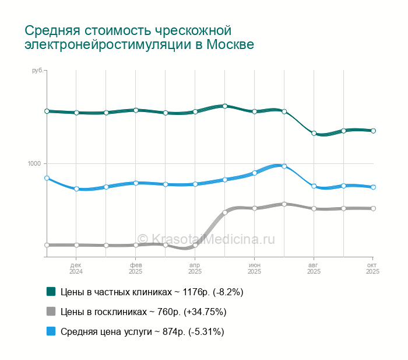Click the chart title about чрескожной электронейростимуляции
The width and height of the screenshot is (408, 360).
(139, 37)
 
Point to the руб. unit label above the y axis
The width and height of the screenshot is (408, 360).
(37, 71)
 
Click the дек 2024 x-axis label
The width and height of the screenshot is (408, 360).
(76, 268)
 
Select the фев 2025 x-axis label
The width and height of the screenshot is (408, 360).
(136, 268)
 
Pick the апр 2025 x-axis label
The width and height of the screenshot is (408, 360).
(195, 268)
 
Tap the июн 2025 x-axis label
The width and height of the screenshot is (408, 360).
(254, 268)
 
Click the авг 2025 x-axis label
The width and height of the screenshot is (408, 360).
(314, 268)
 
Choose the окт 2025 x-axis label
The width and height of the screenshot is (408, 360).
(372, 268)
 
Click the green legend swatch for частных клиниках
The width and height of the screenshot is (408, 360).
(51, 291)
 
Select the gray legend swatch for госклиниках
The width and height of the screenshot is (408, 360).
(51, 312)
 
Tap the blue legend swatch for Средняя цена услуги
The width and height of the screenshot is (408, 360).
(51, 331)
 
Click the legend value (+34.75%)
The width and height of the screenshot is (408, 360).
(205, 312)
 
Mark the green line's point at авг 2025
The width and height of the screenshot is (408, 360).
(314, 134)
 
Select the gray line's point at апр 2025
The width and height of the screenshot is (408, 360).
(195, 246)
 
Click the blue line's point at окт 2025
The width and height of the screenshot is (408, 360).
(373, 187)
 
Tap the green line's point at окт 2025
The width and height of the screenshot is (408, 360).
(373, 131)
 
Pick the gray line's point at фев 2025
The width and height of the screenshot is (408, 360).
(136, 245)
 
